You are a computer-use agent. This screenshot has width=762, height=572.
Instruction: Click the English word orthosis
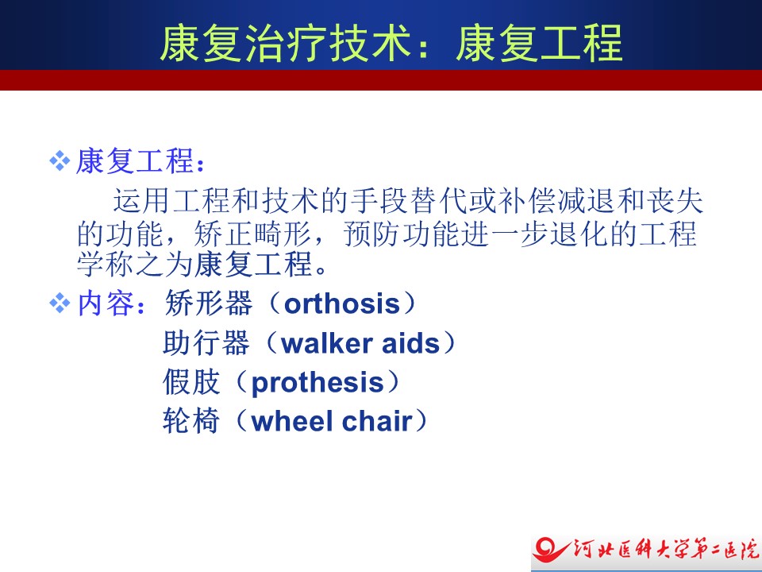[342, 304]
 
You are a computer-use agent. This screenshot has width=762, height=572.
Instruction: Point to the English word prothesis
[317, 383]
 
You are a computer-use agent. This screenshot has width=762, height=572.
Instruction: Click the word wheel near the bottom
[293, 421]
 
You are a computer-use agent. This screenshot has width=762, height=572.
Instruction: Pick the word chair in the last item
[377, 421]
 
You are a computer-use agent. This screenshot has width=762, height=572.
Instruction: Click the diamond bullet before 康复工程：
[60, 161]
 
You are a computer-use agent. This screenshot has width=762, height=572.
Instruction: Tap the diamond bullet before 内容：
[60, 303]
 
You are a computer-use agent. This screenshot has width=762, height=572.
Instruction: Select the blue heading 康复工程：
[141, 161]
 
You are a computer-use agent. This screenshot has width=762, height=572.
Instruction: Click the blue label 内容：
[111, 303]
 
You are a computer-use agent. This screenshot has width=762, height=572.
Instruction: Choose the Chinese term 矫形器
[209, 303]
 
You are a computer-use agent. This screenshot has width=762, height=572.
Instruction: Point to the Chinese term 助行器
[206, 343]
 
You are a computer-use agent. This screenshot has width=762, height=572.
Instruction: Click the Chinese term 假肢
[191, 382]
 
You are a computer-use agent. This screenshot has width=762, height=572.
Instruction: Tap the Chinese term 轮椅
[191, 421]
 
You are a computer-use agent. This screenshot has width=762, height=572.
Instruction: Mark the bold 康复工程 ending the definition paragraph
[253, 265]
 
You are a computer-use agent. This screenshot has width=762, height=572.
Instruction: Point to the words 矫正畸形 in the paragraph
[252, 234]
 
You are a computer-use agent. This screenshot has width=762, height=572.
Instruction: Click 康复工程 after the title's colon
[540, 43]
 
